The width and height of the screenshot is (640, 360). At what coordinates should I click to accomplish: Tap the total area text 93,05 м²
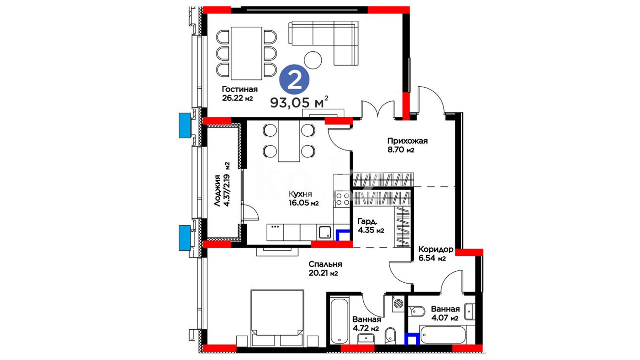click(299, 102)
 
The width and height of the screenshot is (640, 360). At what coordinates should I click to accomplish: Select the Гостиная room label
click(240, 89)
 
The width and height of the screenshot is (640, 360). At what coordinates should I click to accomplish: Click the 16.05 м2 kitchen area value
click(304, 203)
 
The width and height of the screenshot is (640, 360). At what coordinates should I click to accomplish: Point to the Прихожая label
click(407, 141)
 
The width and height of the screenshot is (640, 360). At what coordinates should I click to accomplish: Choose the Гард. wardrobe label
click(367, 222)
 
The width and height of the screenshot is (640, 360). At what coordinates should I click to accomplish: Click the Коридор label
click(436, 249)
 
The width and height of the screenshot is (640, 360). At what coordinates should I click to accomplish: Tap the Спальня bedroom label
click(325, 264)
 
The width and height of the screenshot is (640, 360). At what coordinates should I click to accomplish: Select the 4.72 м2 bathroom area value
click(366, 328)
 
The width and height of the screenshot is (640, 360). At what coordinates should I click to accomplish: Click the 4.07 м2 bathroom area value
click(445, 318)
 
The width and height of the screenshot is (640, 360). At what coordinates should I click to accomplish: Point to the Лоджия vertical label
click(217, 191)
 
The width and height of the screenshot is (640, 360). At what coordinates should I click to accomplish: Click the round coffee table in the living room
click(313, 60)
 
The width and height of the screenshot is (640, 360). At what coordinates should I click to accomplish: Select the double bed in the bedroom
click(277, 318)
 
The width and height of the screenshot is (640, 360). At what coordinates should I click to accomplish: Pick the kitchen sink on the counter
click(325, 232)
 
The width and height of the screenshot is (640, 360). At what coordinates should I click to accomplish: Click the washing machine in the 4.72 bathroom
click(398, 304)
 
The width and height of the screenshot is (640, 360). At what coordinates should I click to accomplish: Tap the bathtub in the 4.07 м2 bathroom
click(443, 335)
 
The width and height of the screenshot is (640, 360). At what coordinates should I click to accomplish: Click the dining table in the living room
click(246, 53)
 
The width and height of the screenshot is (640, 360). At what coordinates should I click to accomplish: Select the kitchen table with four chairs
click(289, 141)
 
